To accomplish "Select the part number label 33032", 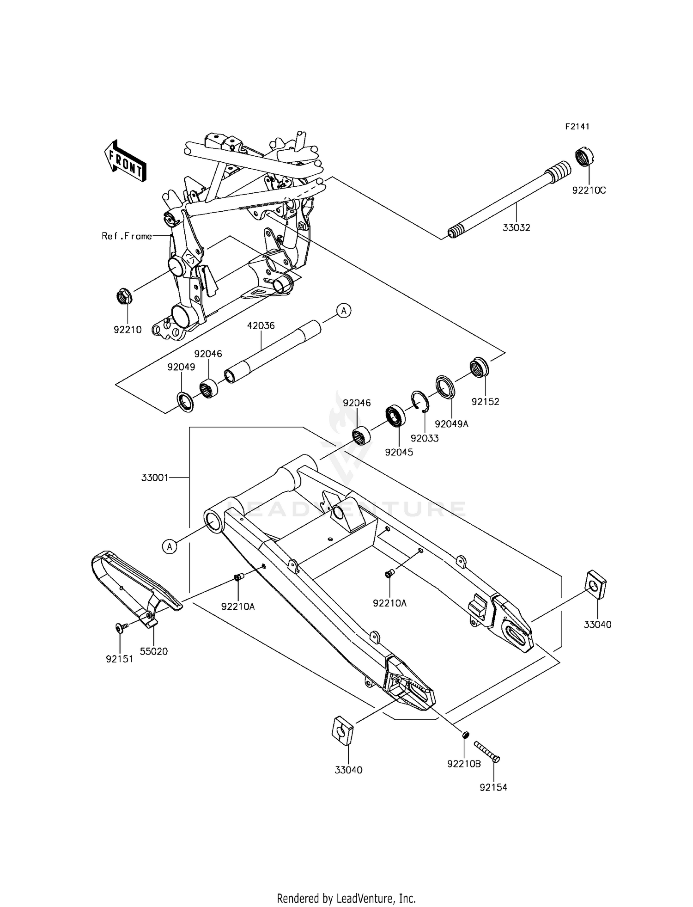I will [x=517, y=227].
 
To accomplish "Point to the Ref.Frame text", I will [x=127, y=236].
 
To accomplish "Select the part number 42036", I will [x=261, y=325].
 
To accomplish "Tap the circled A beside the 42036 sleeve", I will [x=344, y=311].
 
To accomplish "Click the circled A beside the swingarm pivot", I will [x=170, y=547].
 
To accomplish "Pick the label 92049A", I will [x=452, y=424].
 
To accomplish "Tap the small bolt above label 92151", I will [x=120, y=627].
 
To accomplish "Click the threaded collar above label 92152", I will [x=479, y=368].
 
